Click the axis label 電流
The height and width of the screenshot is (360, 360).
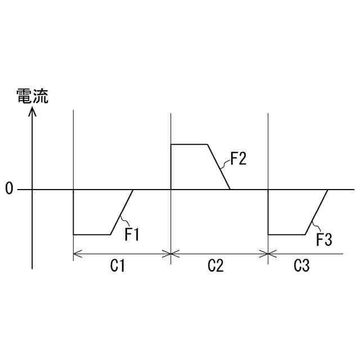pyautogui.click(x=32, y=96)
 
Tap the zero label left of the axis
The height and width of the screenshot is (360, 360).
pyautogui.click(x=9, y=189)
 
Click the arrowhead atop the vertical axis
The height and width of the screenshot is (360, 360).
pyautogui.click(x=33, y=112)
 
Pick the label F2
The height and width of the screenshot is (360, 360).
pyautogui.click(x=238, y=159)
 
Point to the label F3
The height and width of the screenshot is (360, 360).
pyautogui.click(x=324, y=240)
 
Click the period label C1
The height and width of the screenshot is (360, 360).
pyautogui.click(x=117, y=267)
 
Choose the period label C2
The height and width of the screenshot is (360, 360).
pyautogui.click(x=215, y=267)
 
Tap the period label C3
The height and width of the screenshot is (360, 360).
pyautogui.click(x=301, y=267)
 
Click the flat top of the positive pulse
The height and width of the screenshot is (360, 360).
pyautogui.click(x=190, y=145)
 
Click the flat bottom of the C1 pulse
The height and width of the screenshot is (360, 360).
pyautogui.click(x=92, y=234)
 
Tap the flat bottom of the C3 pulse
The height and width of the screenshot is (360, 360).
pyautogui.click(x=286, y=234)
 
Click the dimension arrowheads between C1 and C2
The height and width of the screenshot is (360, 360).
pyautogui.click(x=170, y=254)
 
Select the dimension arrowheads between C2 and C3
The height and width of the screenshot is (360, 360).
pyautogui.click(x=268, y=254)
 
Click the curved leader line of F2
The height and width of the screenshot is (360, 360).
pyautogui.click(x=226, y=164)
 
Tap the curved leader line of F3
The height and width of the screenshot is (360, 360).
pyautogui.click(x=314, y=228)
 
